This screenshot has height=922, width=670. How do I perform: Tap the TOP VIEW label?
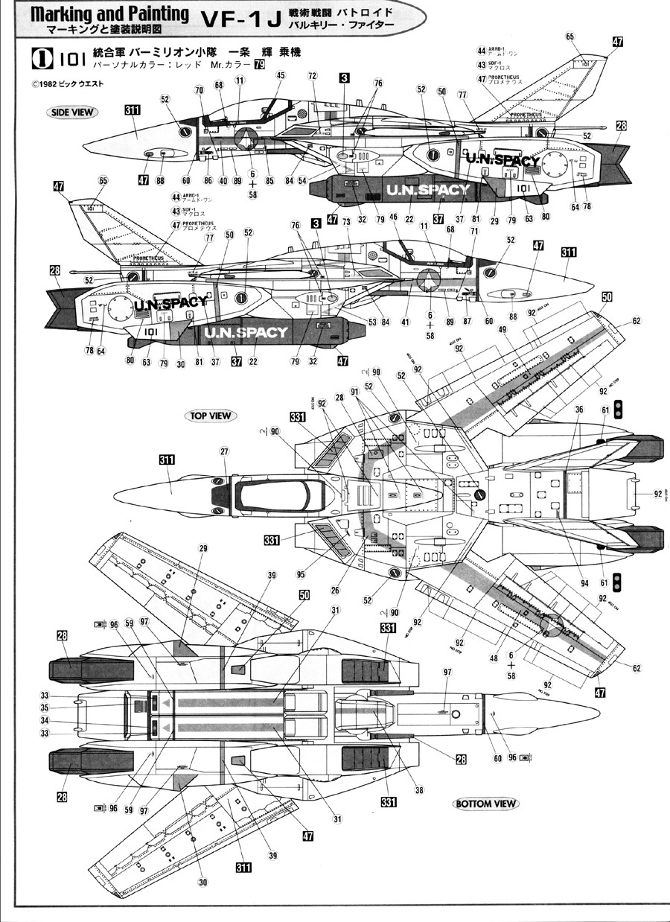coord(211,416)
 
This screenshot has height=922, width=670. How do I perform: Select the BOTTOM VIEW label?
coord(486,804)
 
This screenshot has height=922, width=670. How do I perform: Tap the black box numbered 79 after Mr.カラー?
coord(259,65)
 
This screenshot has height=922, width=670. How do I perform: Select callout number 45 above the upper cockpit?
coord(281,75)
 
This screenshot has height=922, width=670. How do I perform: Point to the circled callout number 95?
coord(300,574)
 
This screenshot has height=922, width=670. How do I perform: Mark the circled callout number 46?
coord(394,238)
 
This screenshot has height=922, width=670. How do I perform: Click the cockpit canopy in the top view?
coord(278,493)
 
